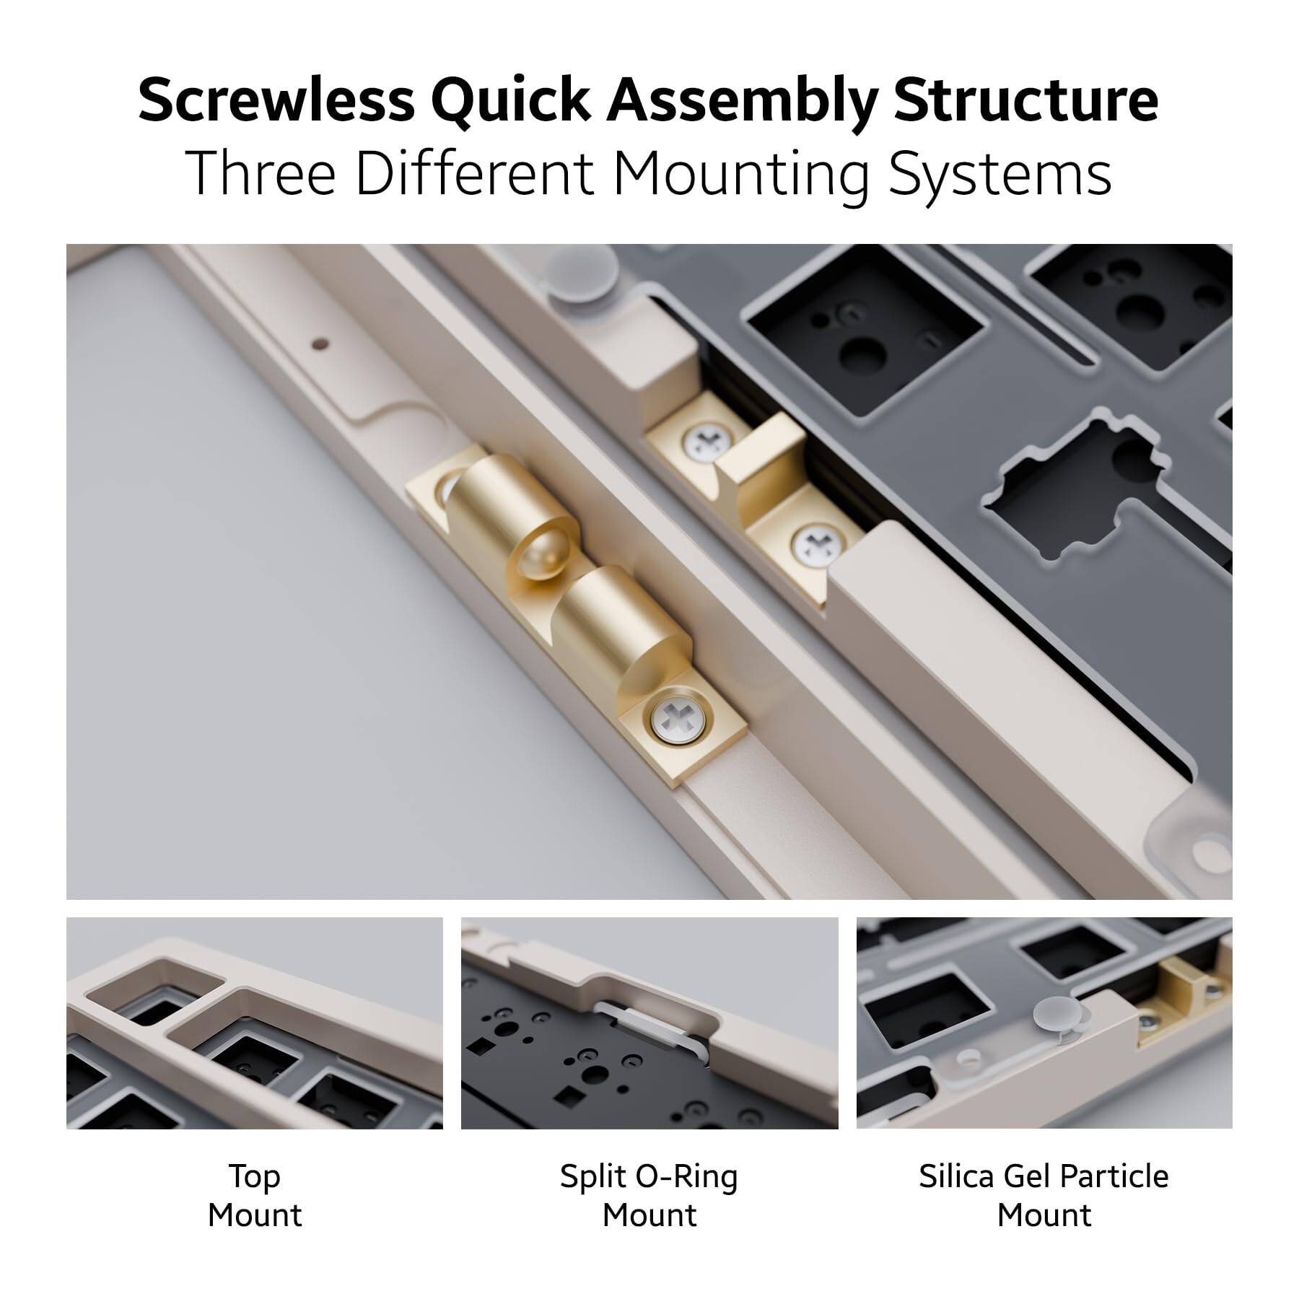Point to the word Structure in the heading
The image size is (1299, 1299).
(1025, 101)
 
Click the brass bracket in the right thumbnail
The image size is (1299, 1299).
(1184, 992)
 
